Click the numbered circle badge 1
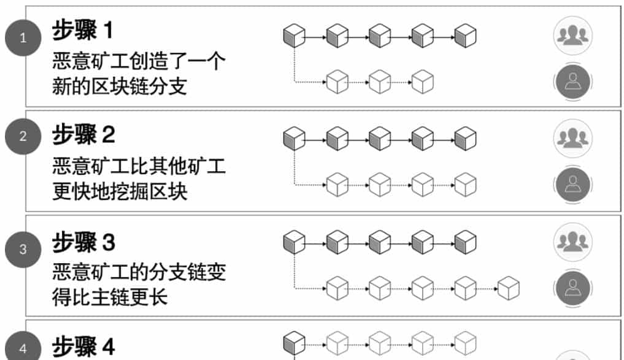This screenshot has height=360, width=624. coord(23,39)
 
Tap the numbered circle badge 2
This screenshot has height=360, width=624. coord(23,136)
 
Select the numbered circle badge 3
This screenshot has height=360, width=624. coord(23,250)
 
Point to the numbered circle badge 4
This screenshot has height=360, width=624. coord(23,349)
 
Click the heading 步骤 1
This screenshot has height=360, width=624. coord(83,29)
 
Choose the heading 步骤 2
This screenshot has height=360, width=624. coord(83,134)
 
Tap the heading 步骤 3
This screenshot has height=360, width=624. coord(83,242)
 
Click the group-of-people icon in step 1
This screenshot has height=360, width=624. coord(572,36)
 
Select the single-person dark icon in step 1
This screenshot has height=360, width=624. coord(572,82)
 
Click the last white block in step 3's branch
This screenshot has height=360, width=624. coord(508,288)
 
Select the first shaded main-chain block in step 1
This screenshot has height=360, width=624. coord(294,36)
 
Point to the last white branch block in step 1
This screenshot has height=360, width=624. coord(422,82)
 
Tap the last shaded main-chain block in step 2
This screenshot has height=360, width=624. coord(465,139)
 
